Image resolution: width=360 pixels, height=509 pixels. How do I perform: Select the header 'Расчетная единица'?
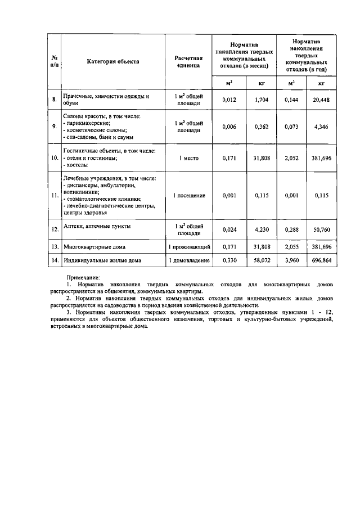(x=188, y=61)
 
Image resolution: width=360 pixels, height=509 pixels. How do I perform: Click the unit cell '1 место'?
(x=188, y=159)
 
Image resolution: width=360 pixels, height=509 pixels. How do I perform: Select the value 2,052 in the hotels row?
(x=291, y=159)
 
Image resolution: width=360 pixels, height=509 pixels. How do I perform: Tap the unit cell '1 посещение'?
(x=188, y=195)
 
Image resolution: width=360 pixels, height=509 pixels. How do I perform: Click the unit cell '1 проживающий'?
(x=188, y=247)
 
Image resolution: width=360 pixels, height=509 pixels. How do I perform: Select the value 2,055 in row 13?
(x=291, y=247)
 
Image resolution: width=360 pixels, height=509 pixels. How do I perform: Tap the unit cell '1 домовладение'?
(x=188, y=260)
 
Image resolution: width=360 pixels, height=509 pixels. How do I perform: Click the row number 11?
(x=55, y=195)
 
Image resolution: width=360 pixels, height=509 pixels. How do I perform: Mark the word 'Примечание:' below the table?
(x=83, y=278)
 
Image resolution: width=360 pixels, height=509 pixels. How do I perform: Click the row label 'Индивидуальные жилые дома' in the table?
(x=102, y=260)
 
